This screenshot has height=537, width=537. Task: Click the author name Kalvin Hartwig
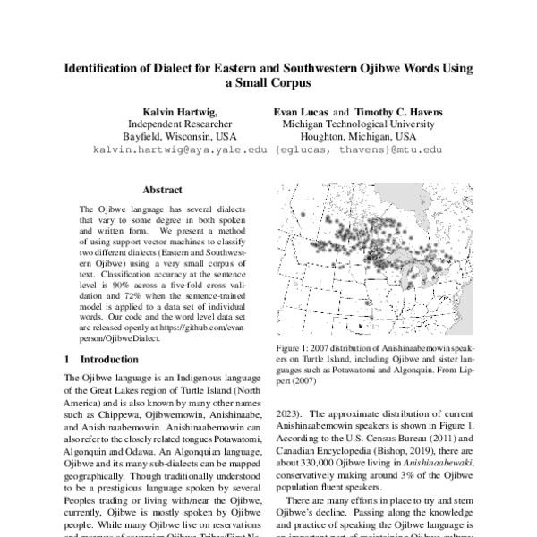pos(182,111)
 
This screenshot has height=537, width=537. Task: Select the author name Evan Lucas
pos(302,111)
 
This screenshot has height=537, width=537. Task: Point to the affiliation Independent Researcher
pos(182,124)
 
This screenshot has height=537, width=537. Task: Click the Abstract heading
pos(163,190)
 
